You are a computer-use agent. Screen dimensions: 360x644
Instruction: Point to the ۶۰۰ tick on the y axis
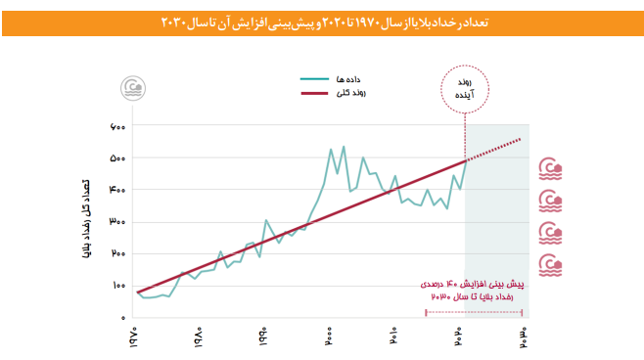(x=116, y=127)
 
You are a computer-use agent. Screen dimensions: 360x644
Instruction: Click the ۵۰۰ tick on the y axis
(x=116, y=158)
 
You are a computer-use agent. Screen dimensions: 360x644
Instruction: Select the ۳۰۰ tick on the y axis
(x=116, y=222)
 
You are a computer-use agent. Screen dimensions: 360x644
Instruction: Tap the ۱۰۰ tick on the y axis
(x=116, y=286)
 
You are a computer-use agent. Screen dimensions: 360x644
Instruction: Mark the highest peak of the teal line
(x=344, y=148)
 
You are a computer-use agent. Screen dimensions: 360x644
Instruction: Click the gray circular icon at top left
(x=131, y=88)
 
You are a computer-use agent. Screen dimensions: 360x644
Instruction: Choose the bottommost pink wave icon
(x=552, y=264)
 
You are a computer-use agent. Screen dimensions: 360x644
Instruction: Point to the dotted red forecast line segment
(x=499, y=149)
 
